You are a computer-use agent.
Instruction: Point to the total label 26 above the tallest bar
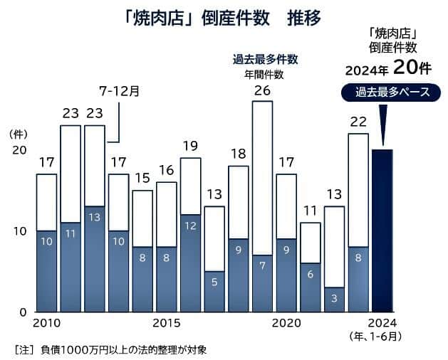point(262,90)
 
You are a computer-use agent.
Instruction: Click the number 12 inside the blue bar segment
point(190,226)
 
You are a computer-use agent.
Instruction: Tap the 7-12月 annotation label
point(119,91)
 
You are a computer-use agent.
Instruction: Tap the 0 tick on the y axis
point(24,312)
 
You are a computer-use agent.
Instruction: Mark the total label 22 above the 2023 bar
point(358,122)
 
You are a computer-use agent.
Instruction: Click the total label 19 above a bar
point(190,147)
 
